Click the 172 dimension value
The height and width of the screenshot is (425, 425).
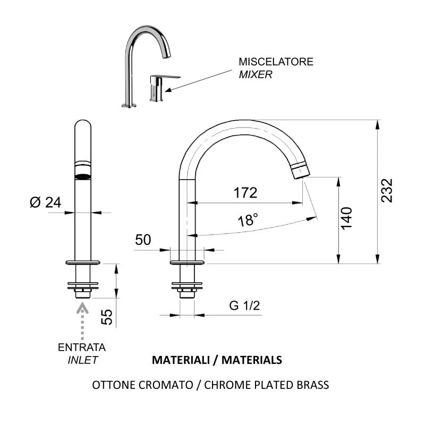click(x=245, y=192)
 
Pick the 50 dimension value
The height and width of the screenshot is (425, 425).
click(x=143, y=240)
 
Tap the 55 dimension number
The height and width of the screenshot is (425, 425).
click(x=107, y=317)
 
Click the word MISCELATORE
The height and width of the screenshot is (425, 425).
click(x=276, y=62)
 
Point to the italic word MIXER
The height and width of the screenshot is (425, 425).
click(x=256, y=75)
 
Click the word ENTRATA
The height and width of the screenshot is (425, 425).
click(x=82, y=347)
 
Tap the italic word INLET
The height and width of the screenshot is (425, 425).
click(x=82, y=360)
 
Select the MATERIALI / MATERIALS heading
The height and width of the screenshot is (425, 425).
click(x=217, y=360)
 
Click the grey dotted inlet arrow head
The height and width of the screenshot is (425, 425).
click(x=82, y=307)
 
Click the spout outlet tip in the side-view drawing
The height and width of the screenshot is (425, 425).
click(x=300, y=170)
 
